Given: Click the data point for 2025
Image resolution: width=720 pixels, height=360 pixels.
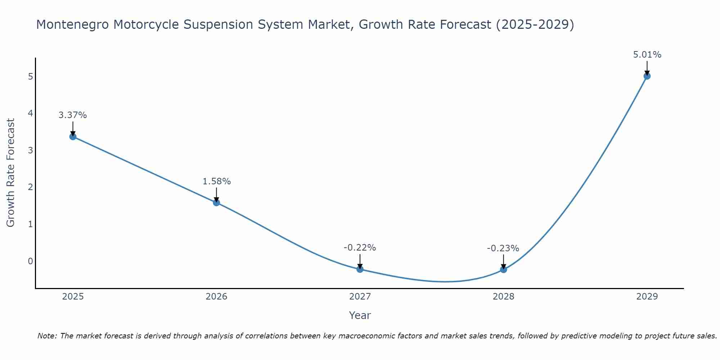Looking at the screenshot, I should (73, 136).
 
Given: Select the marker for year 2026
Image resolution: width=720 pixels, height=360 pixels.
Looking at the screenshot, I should (216, 203).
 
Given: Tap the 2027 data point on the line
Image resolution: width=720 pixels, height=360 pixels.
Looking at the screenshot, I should (360, 269).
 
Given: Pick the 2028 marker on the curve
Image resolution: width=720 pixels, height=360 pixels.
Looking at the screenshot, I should (503, 269).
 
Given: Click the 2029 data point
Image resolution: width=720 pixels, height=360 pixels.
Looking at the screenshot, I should (647, 76).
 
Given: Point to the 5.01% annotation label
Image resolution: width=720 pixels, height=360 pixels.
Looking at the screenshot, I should (647, 55).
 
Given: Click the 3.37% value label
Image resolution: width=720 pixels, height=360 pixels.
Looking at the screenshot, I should (73, 115).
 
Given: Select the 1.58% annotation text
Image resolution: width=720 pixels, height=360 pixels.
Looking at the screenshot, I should (216, 181).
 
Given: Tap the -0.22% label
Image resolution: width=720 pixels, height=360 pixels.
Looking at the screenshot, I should (360, 248).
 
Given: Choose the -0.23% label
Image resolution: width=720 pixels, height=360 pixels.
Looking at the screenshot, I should (503, 248).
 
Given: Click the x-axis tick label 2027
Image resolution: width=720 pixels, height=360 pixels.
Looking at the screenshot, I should (360, 297).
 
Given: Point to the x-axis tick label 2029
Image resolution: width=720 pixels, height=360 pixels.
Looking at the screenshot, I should (647, 297).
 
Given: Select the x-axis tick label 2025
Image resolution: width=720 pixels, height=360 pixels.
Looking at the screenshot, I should (73, 297).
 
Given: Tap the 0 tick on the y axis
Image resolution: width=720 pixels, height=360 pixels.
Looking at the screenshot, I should (30, 261).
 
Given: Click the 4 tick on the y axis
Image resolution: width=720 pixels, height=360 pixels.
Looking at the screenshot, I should (30, 113).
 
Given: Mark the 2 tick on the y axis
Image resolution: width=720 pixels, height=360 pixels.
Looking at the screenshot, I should (30, 187).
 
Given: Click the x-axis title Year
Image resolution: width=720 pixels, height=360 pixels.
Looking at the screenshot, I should (360, 315).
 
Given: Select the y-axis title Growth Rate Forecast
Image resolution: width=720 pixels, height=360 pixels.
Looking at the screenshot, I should (11, 173).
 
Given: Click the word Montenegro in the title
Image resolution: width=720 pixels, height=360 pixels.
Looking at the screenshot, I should (72, 24).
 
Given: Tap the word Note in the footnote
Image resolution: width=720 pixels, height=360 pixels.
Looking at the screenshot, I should (46, 336).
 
